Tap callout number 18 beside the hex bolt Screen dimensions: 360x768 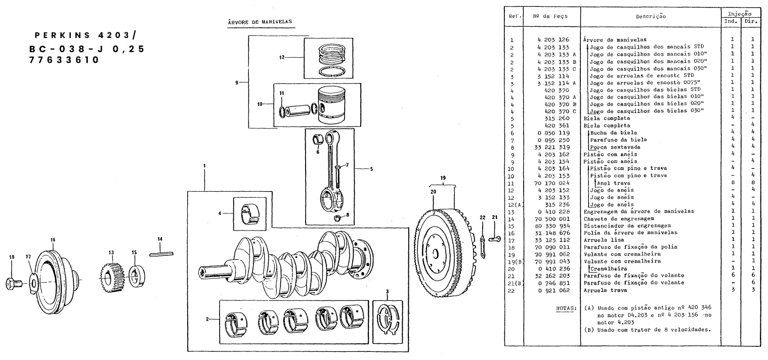point(12,257)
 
